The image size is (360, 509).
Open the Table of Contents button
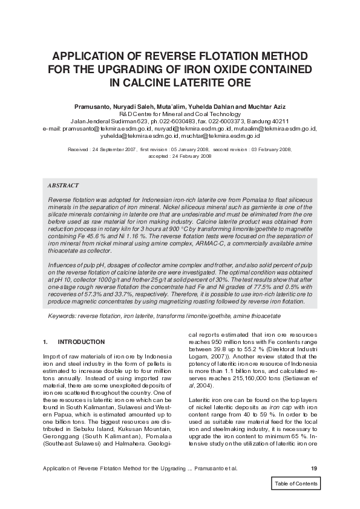pyautogui.click(x=295, y=484)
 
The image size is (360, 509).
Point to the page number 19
pyautogui.click(x=313, y=468)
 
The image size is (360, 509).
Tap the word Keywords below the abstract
pyautogui.click(x=63, y=316)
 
